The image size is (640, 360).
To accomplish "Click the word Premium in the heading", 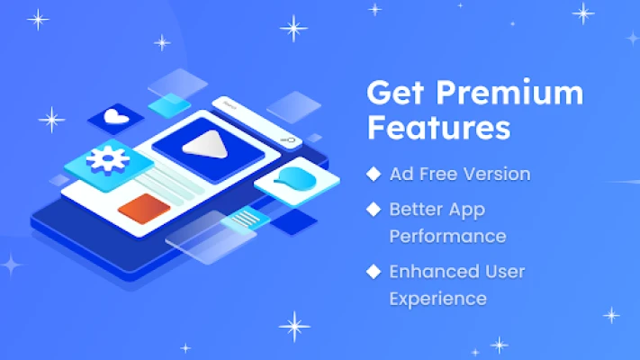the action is tap(509, 93).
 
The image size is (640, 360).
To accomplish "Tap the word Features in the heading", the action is tap(438, 128).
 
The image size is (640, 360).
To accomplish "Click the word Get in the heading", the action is tap(395, 93).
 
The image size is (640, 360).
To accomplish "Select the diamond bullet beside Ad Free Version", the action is tap(374, 174).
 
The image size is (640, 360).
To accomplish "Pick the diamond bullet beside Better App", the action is tap(374, 210).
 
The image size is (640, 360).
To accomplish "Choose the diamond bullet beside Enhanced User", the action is tap(374, 272).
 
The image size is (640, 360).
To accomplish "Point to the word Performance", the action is tap(447, 237).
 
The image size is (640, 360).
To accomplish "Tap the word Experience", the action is tap(438, 299).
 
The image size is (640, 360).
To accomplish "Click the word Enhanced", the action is tap(434, 272).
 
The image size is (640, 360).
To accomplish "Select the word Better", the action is tap(416, 210).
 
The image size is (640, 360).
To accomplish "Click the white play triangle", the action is tap(206, 145).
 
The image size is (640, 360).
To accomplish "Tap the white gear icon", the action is tap(108, 160).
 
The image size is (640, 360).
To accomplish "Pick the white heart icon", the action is tap(116, 117).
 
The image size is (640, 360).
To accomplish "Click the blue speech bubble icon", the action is tap(295, 179).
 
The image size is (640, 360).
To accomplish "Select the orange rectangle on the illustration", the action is tap(144, 209).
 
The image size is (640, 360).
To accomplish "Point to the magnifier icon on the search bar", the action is tap(288, 140).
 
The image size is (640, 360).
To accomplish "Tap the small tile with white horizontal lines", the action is tap(246, 219).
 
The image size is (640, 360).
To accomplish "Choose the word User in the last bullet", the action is tap(505, 272).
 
